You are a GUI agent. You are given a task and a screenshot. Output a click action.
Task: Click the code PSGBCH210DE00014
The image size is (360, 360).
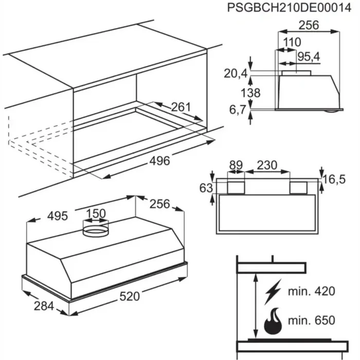click(286, 8)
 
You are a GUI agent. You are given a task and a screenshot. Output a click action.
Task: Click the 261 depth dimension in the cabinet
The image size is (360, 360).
click(181, 107)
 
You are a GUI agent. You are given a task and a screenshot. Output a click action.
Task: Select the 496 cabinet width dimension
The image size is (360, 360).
click(159, 161)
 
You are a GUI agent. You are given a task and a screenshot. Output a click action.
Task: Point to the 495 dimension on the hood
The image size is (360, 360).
click(58, 216)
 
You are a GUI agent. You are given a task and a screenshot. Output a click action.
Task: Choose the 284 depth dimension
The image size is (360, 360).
click(43, 307)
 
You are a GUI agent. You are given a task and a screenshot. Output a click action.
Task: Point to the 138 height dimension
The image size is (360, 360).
click(249, 93)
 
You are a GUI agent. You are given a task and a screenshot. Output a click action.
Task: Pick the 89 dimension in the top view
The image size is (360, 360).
click(236, 166)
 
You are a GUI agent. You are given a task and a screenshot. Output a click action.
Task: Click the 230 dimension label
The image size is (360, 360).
click(267, 166)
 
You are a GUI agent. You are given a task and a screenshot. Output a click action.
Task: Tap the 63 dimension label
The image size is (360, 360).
click(206, 188)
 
